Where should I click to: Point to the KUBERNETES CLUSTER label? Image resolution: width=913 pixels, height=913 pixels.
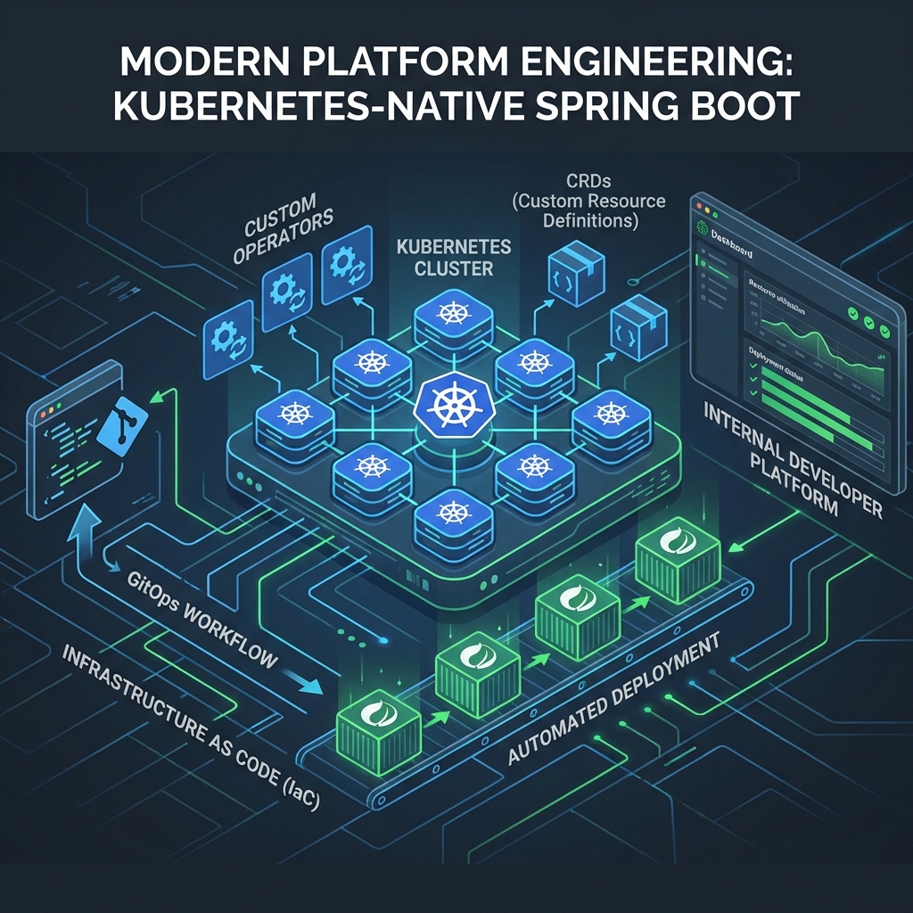(x=454, y=256)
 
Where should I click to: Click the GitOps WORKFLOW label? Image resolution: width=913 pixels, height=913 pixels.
(x=202, y=621)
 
